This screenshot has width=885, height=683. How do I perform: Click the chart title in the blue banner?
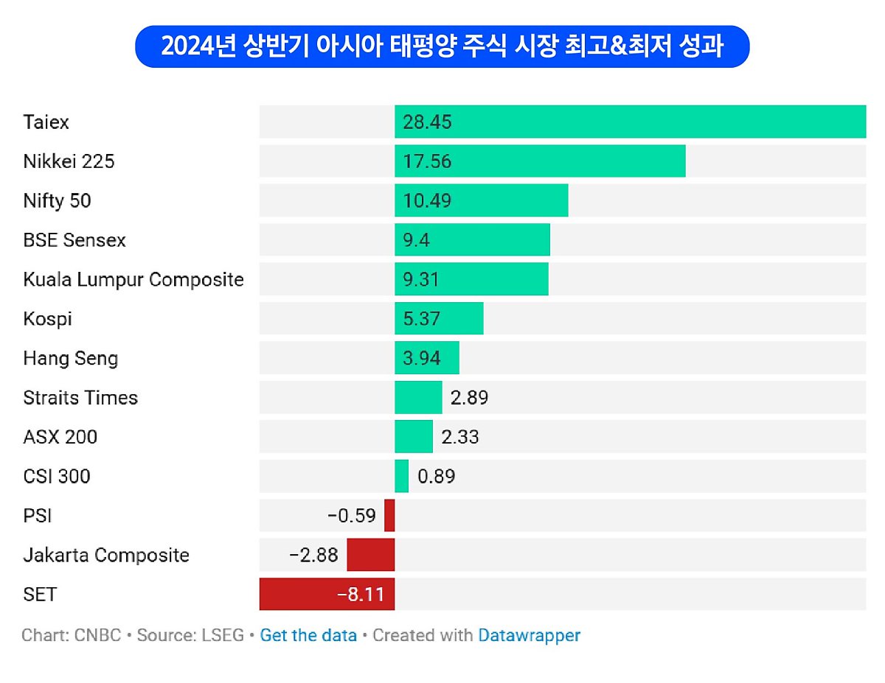[442, 46]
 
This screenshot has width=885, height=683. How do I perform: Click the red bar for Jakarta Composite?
[371, 555]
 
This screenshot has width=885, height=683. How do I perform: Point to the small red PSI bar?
[389, 515]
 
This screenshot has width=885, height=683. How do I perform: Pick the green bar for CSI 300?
[401, 476]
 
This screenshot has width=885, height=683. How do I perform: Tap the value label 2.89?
[469, 398]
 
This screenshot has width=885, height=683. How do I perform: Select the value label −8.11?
[361, 595]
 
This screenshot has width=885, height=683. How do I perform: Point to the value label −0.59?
[351, 516]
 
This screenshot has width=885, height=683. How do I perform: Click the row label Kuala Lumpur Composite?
[133, 280]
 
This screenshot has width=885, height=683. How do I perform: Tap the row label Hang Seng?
[71, 359]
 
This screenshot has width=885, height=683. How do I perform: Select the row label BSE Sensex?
[74, 240]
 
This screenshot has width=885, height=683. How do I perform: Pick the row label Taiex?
[46, 122]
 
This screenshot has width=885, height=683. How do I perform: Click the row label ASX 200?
[60, 437]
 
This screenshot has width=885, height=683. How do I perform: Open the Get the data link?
[308, 635]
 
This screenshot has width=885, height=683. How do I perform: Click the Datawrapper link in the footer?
[529, 635]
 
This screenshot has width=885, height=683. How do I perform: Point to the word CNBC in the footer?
[97, 635]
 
